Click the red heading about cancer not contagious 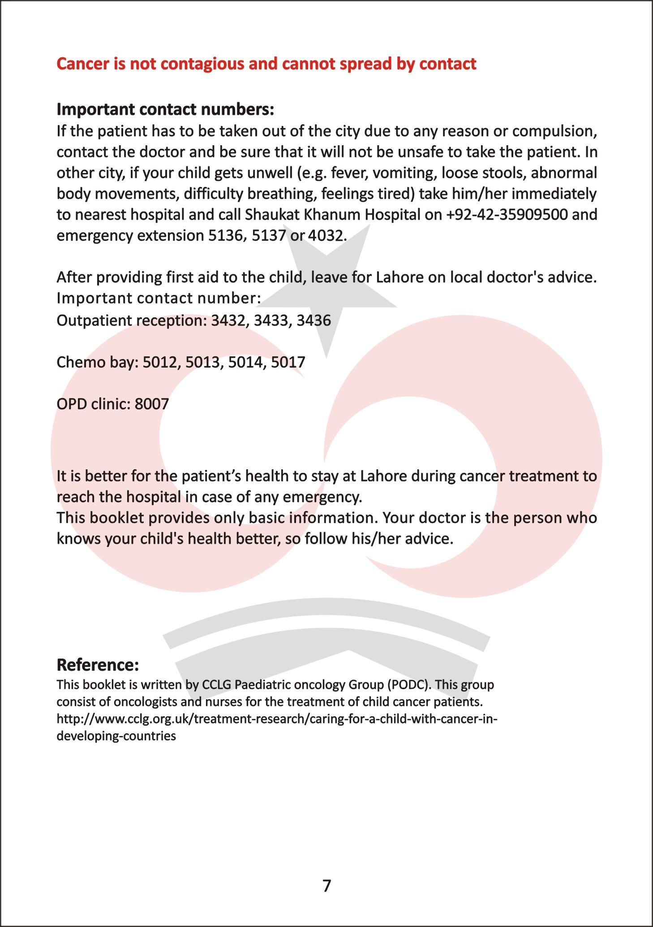(x=266, y=64)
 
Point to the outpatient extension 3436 (x=314, y=321)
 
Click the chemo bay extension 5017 (x=288, y=362)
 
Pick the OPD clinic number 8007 (x=151, y=404)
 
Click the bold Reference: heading (x=98, y=665)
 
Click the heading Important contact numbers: (x=165, y=109)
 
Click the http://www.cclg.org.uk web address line (x=277, y=719)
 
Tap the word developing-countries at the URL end (x=116, y=736)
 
